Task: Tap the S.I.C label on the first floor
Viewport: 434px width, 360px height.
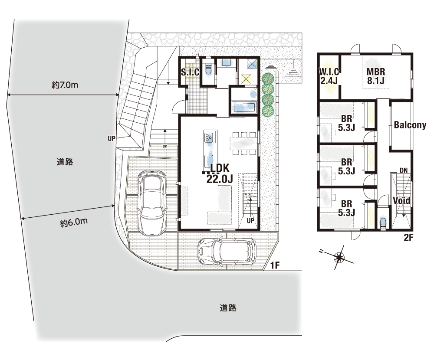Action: (x=190, y=72)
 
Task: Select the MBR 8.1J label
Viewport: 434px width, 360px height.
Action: (x=375, y=76)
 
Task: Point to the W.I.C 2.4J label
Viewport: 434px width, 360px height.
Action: (x=329, y=76)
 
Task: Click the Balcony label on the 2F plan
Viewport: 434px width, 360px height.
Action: (x=410, y=125)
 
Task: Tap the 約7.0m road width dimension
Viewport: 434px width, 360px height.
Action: (x=65, y=85)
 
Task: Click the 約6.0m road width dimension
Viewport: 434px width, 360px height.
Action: (x=74, y=222)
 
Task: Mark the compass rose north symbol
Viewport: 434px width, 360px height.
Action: (x=339, y=258)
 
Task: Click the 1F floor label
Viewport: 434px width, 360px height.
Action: (x=275, y=265)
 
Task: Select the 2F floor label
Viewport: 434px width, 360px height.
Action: (x=408, y=237)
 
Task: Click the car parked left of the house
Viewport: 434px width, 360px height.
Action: (x=152, y=203)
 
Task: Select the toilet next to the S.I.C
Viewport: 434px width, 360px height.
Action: (x=208, y=69)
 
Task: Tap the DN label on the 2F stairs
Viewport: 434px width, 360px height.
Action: (x=404, y=170)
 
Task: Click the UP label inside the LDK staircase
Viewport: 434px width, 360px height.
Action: (x=250, y=221)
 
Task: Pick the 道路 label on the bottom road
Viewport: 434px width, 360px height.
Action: (x=228, y=308)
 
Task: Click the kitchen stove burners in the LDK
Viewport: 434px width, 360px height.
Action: (x=208, y=137)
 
